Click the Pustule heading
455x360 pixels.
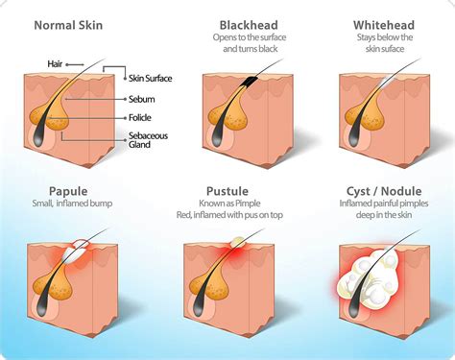[x=228, y=190]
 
